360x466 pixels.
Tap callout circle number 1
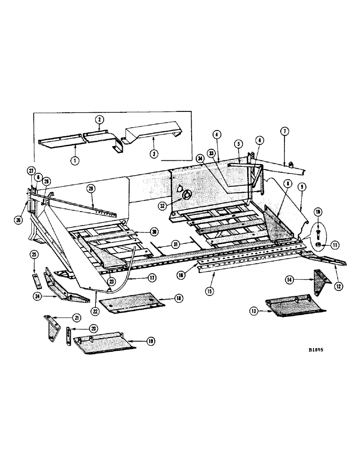[74, 160]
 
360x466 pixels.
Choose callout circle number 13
[254, 311]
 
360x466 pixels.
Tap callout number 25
[34, 254]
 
